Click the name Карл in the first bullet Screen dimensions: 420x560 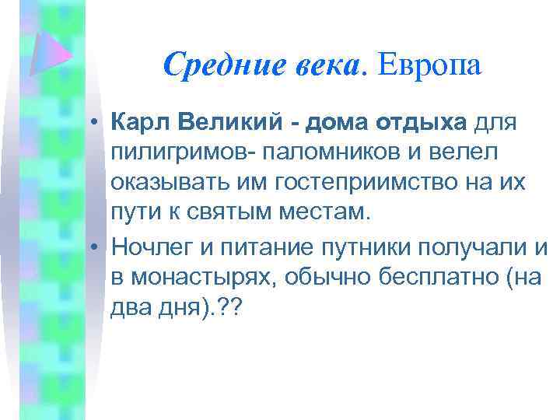(142, 124)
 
